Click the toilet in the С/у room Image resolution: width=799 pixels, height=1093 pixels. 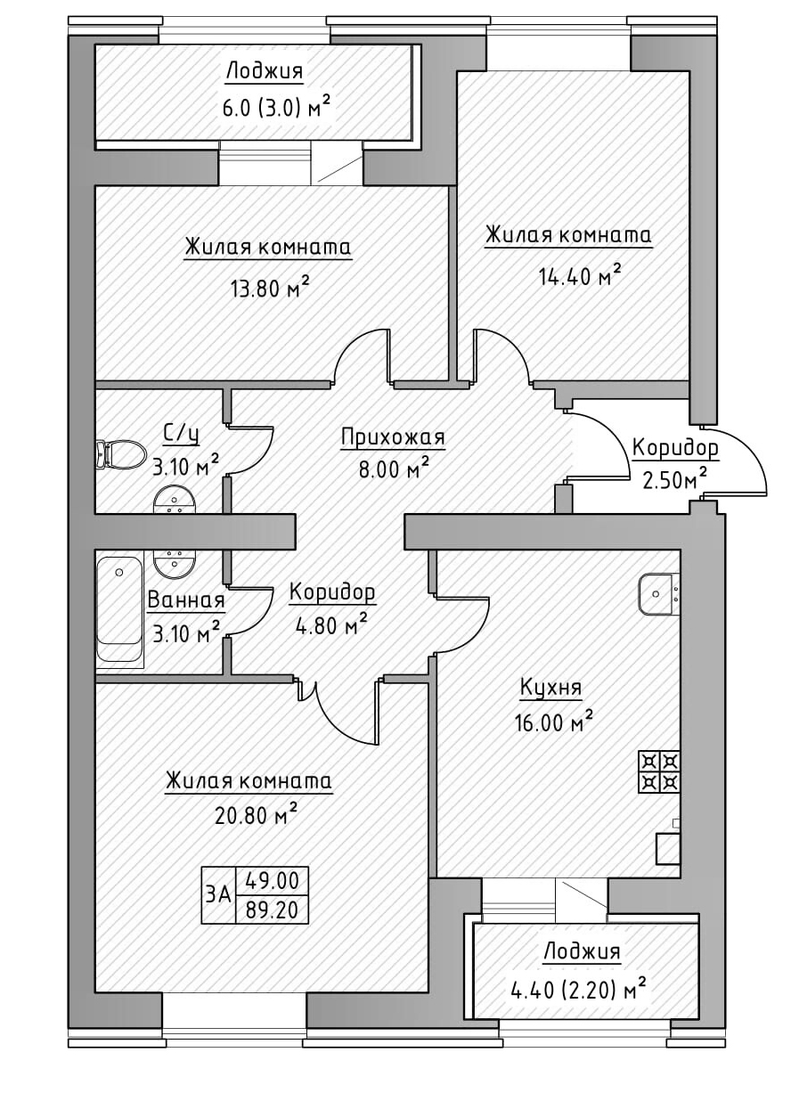click(121, 454)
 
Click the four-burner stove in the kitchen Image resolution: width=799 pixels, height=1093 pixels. click(659, 771)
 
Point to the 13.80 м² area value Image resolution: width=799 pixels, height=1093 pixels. click(269, 287)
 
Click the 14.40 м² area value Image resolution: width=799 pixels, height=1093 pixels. click(579, 275)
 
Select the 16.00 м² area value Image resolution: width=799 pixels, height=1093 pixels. click(553, 722)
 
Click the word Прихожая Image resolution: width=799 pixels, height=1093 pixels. click(392, 437)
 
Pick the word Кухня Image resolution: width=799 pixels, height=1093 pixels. click(551, 688)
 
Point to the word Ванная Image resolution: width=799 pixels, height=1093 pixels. click(185, 600)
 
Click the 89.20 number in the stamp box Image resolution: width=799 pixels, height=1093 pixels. click(272, 910)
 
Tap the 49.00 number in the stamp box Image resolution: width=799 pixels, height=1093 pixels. click(272, 882)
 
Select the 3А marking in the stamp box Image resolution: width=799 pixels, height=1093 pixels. click(218, 894)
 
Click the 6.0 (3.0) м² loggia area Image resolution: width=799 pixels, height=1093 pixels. click(276, 109)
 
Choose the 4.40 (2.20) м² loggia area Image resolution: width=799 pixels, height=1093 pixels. click(577, 987)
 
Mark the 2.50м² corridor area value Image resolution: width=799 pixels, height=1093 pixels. click(674, 480)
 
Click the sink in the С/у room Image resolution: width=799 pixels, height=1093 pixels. click(175, 501)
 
